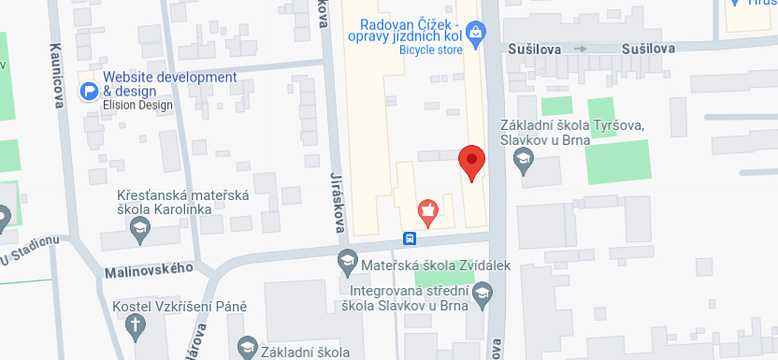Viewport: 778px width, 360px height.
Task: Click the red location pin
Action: [x=472, y=162]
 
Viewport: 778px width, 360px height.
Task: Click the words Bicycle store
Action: [x=431, y=50]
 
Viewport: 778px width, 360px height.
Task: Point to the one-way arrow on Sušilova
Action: [x=581, y=48]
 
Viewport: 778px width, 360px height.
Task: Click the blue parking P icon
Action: [x=90, y=91]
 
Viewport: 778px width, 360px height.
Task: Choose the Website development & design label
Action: [x=169, y=84]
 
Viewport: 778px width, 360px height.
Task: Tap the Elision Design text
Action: [x=138, y=106]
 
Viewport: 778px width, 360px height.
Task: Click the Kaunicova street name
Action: [x=57, y=75]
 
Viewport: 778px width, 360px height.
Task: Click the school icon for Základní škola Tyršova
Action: [x=525, y=164]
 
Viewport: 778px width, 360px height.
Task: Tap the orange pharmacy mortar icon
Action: [x=428, y=211]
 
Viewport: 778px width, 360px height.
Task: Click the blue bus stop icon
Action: [x=410, y=238]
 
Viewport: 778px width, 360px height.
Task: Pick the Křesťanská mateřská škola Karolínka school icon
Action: [x=139, y=227]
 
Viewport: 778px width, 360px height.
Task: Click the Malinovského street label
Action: [x=144, y=268]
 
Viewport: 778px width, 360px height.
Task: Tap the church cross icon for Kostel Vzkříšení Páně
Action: [x=137, y=325]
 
